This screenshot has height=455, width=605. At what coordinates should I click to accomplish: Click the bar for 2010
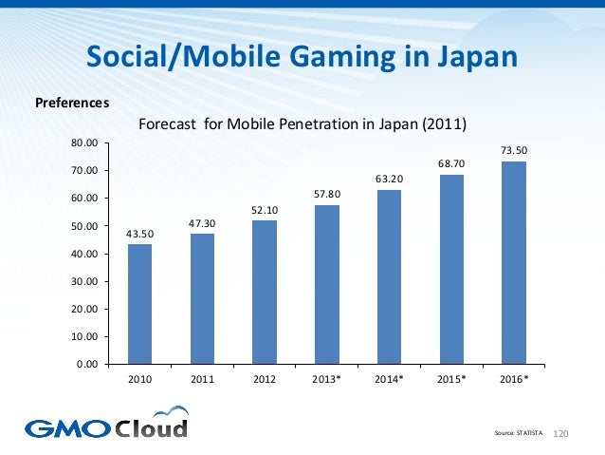[x=139, y=304]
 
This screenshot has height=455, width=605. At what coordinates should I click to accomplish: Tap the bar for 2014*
[x=389, y=276]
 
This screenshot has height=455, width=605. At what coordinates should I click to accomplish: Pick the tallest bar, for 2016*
[x=514, y=262]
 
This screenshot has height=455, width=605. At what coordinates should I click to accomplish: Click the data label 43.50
[x=139, y=234]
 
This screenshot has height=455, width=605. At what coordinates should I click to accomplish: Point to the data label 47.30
[x=202, y=223]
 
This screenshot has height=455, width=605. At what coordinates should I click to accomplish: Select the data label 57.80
[x=327, y=195]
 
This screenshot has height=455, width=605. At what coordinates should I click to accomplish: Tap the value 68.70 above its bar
[x=451, y=164]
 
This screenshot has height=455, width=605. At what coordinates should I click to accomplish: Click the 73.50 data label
[x=514, y=150]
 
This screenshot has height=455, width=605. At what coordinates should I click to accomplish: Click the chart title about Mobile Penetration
[x=303, y=123]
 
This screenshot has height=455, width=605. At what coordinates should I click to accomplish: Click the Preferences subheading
[x=72, y=101]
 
